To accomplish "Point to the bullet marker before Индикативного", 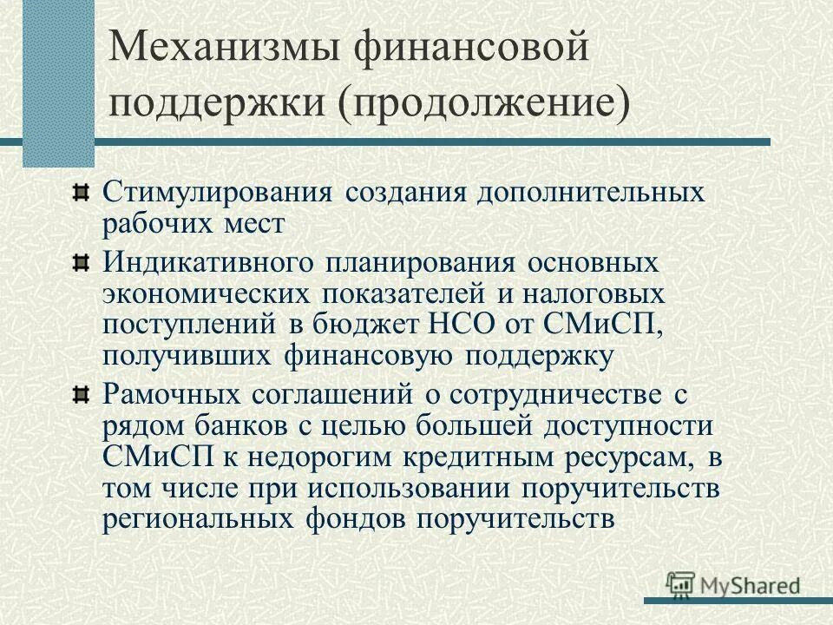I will pos(80,261).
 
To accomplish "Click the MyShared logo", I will pos(734,585).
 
